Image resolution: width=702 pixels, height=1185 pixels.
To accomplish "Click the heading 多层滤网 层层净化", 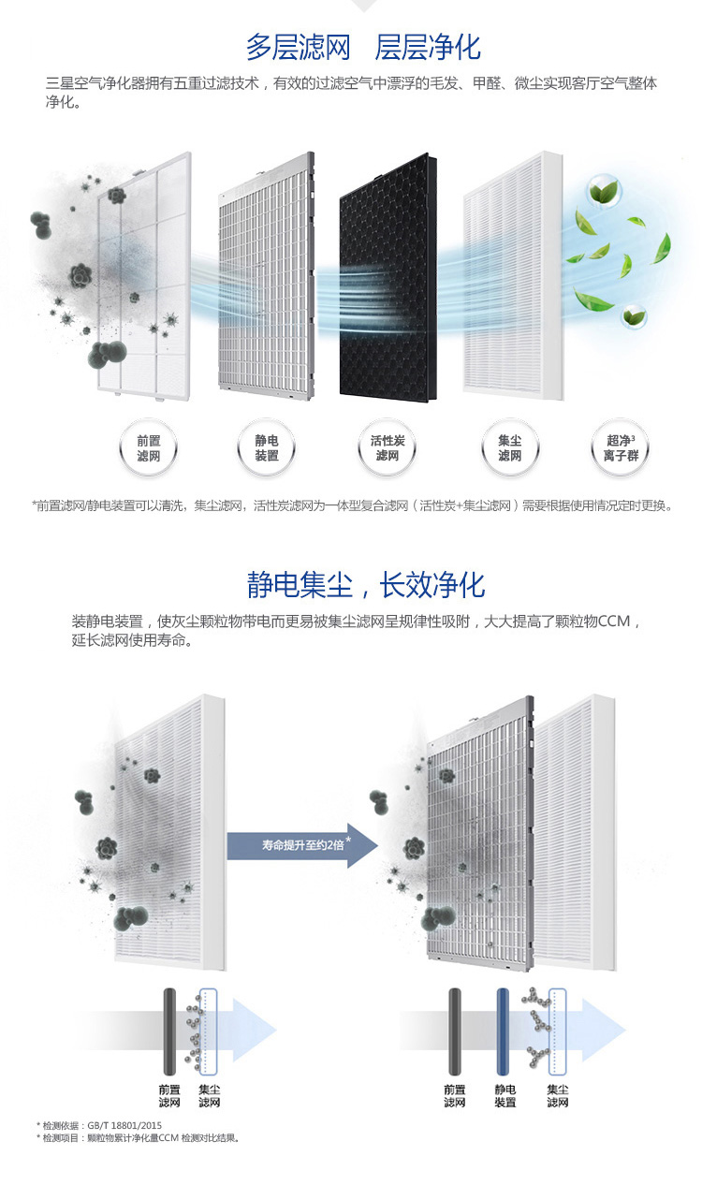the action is (x=363, y=46).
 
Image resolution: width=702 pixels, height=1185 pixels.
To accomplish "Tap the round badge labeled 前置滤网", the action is (x=148, y=447).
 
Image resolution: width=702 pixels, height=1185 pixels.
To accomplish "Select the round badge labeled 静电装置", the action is (x=267, y=447).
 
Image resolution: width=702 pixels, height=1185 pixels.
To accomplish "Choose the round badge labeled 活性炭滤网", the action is (x=387, y=447).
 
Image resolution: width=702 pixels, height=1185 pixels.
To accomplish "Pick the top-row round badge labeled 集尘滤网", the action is (x=509, y=447).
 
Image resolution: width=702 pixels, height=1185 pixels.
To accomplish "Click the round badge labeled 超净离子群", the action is (x=621, y=447).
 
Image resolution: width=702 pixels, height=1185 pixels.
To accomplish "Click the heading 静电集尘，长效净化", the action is (x=366, y=585).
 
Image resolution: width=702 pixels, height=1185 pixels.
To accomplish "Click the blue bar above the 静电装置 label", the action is (x=505, y=1030).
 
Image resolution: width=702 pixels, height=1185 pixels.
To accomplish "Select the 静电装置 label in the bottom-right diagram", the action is (x=505, y=1096).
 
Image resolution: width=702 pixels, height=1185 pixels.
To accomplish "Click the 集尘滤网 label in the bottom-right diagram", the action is (x=558, y=1096).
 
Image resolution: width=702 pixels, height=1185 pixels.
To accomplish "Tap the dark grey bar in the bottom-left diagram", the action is (x=168, y=1030).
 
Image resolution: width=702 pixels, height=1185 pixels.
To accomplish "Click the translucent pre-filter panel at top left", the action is (x=145, y=271).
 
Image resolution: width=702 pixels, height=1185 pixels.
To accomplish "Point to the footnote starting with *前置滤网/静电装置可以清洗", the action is (x=352, y=505).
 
